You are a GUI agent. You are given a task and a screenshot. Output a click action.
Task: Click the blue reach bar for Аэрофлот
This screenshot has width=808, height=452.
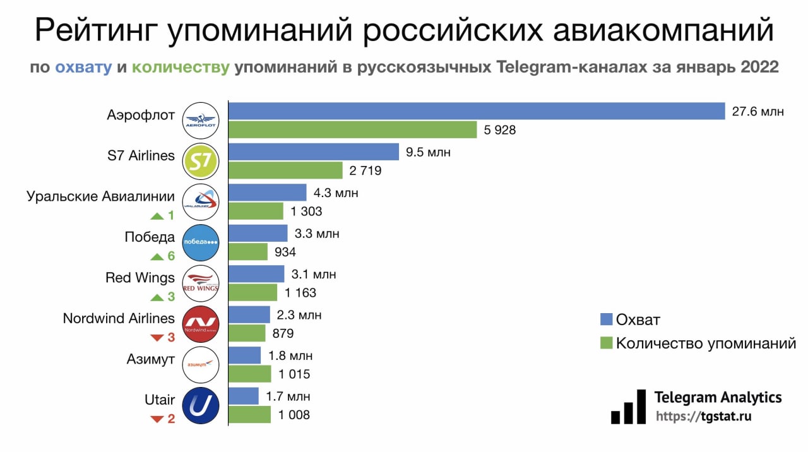476,111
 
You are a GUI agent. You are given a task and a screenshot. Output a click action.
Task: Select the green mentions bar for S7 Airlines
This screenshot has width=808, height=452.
285,170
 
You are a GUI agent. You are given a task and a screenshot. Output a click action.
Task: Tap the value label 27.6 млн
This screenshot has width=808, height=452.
758,112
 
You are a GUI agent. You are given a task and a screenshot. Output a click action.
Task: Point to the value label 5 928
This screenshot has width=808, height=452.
499,131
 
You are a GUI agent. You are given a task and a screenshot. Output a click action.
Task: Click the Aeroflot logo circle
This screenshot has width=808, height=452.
200,121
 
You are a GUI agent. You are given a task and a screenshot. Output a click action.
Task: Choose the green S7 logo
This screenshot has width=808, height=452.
200,162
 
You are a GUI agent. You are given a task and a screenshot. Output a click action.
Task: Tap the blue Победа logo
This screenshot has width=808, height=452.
200,242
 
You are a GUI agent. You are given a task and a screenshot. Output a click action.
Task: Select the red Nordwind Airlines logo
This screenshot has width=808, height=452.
200,324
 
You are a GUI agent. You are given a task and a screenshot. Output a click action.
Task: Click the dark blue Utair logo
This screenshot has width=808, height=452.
200,406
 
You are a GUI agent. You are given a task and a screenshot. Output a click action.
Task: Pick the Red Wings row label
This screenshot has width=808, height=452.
140,278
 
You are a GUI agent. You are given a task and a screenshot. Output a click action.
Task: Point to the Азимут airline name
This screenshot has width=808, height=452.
150,359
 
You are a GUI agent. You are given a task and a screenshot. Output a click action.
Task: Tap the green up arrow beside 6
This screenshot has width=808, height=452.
157,256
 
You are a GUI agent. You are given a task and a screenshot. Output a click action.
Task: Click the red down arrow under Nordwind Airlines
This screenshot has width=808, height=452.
157,338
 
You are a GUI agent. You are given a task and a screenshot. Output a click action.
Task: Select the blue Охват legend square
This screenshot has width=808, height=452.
607,319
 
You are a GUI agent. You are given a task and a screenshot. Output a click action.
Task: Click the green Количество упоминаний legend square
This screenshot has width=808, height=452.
607,343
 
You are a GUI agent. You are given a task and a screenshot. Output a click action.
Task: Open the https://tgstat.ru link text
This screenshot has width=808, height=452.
703,417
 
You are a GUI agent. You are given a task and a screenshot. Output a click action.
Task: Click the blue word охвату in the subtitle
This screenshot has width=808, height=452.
83,67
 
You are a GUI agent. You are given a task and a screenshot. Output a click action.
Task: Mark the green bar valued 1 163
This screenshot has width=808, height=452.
252,292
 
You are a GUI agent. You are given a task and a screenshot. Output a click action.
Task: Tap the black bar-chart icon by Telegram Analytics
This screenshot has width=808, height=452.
628,407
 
